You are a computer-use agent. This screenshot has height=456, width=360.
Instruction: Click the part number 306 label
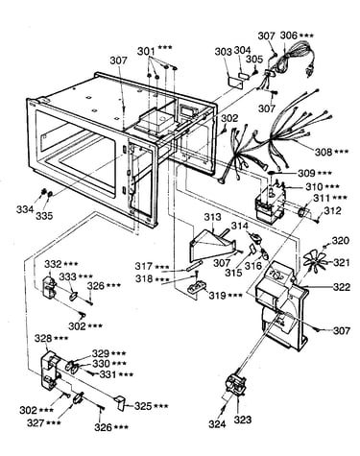tap(289, 36)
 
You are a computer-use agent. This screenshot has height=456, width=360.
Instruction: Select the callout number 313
tap(212, 217)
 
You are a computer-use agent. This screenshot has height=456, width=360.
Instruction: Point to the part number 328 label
tap(43, 339)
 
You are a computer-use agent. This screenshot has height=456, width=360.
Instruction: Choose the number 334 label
tap(25, 210)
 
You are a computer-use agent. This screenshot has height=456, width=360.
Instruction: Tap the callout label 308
tap(324, 152)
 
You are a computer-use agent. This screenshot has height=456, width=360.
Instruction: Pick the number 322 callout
tap(342, 287)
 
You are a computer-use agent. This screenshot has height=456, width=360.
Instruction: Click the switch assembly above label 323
tap(236, 385)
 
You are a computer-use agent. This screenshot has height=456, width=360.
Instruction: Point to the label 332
tap(53, 264)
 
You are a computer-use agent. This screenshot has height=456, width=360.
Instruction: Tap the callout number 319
tap(218, 296)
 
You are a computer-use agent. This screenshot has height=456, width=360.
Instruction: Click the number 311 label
tap(322, 198)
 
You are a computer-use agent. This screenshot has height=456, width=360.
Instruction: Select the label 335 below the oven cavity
tap(44, 216)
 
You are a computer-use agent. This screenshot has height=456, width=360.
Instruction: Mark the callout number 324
tap(217, 424)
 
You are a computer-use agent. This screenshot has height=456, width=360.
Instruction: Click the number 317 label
tap(143, 266)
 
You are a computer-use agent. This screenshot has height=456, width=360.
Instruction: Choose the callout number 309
tap(306, 173)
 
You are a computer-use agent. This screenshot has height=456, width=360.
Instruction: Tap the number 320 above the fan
tap(340, 241)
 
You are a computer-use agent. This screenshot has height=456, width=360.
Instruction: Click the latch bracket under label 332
tap(50, 285)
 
